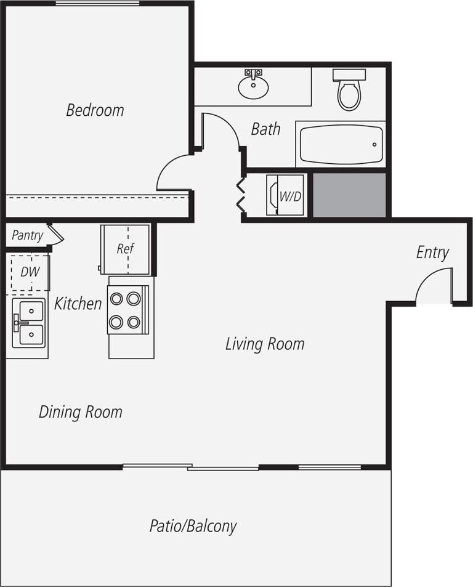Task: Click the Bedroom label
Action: click(95, 110)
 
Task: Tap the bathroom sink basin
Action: click(253, 87)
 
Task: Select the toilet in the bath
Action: click(349, 92)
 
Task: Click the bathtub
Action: click(341, 144)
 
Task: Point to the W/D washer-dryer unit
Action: click(286, 196)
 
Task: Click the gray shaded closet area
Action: click(349, 195)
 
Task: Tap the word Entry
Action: click(432, 253)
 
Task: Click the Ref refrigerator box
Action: click(126, 249)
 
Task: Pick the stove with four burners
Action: click(127, 310)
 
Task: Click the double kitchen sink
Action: click(29, 323)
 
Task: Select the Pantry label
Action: click(27, 235)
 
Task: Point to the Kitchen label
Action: click(78, 303)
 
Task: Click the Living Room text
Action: click(265, 344)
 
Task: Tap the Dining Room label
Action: click(81, 412)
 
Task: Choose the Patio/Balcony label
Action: click(193, 527)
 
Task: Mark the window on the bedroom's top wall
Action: click(97, 4)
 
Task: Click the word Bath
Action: click(265, 129)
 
